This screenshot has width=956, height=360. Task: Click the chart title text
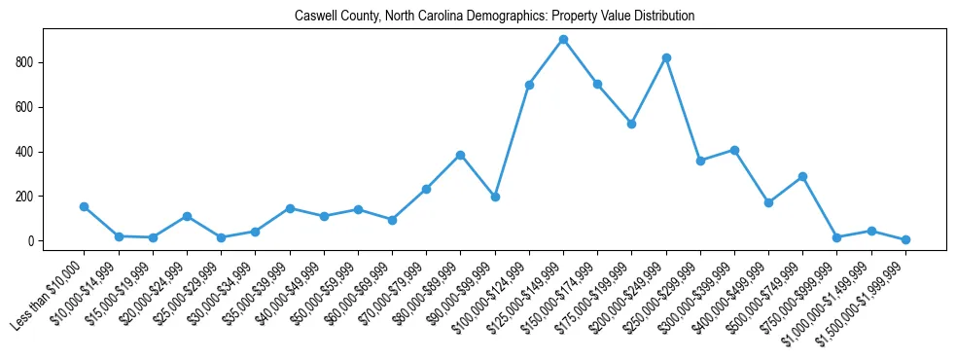pos(494,17)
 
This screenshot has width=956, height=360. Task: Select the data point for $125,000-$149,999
pos(563,39)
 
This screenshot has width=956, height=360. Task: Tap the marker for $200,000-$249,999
pos(666,57)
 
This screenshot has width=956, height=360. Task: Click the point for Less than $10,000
pos(85,206)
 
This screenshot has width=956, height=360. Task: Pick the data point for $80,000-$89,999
pos(461,155)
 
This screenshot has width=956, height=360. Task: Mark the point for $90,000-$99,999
pos(495,197)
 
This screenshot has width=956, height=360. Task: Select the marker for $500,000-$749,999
pos(802,176)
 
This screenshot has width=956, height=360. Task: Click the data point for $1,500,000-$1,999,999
pos(905,239)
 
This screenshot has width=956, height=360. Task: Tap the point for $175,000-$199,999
pos(631,124)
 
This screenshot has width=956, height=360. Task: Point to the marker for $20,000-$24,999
pos(187,216)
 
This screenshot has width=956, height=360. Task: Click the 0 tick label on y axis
pos(33,241)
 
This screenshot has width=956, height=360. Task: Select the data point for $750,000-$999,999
pos(836,237)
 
